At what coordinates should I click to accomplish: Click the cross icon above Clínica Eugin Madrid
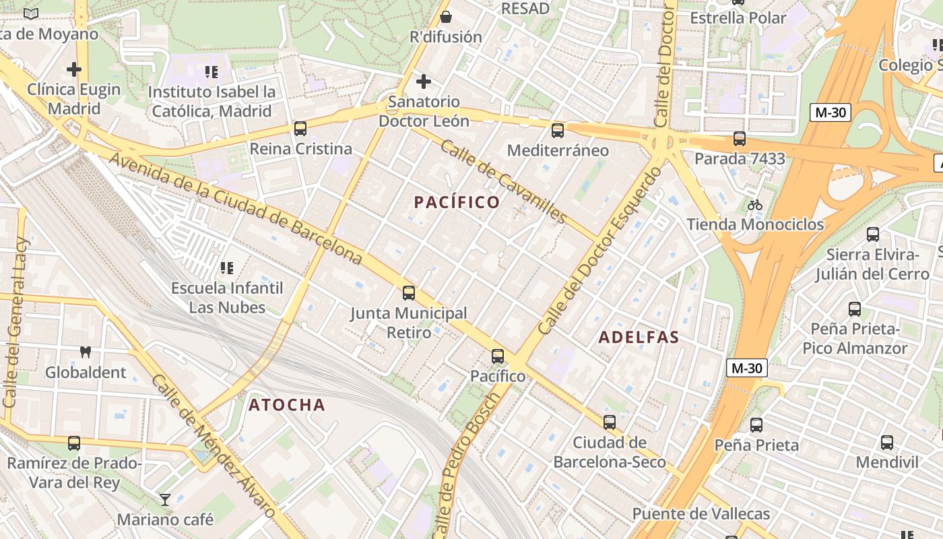74,69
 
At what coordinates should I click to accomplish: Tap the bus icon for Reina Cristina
300,128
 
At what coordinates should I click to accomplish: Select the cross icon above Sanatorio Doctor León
423,82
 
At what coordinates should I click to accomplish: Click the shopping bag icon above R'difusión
445,17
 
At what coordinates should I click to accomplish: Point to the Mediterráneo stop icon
557,130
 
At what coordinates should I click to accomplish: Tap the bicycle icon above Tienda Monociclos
754,204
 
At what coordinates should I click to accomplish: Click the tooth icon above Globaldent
86,352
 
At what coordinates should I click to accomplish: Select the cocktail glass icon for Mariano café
165,499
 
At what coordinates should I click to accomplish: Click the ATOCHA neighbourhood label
287,405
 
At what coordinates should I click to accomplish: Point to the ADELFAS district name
639,338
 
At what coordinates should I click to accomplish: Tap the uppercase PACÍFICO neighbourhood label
457,202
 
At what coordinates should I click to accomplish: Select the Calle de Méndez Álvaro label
214,446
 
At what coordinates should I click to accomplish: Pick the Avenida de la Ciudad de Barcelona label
236,208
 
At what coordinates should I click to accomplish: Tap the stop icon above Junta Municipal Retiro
409,293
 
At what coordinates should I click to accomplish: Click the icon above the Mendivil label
887,443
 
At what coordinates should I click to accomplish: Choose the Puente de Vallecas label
701,514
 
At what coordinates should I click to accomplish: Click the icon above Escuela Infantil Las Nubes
227,268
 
